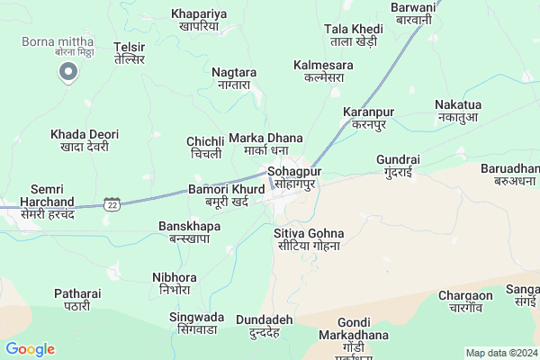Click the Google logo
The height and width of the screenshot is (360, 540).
click(x=30, y=349)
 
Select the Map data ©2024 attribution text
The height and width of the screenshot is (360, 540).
click(x=500, y=352)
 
